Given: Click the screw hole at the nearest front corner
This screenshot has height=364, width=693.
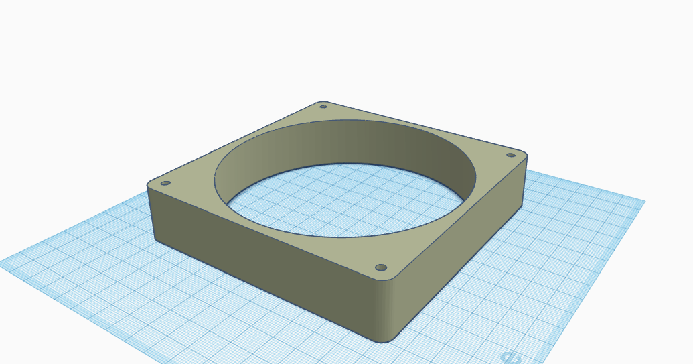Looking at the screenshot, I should pyautogui.click(x=381, y=267).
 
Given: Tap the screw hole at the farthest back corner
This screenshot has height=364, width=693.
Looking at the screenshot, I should pyautogui.click(x=323, y=106).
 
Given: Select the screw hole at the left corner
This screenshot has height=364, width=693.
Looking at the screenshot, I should pyautogui.click(x=165, y=183).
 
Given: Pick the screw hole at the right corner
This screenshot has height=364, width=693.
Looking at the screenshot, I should pyautogui.click(x=510, y=155).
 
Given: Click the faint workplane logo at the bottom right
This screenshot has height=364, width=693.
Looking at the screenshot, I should pyautogui.click(x=510, y=358).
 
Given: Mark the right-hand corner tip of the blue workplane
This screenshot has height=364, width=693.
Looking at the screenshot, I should pyautogui.click(x=644, y=200).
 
